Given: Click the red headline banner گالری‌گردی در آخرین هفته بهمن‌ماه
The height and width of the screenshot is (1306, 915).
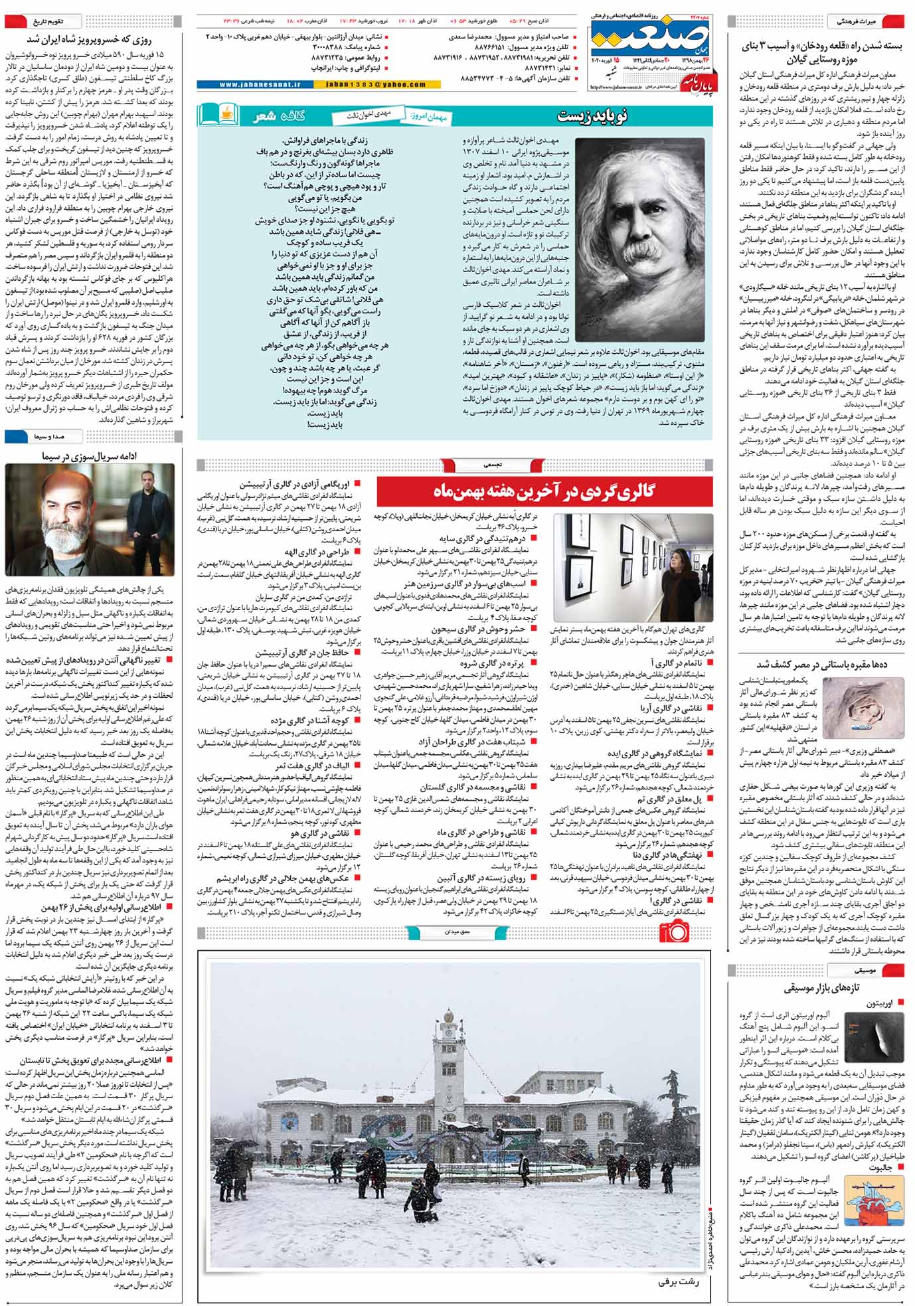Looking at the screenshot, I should pos(544,492).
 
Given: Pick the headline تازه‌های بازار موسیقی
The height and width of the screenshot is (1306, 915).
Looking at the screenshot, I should pos(821,988).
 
